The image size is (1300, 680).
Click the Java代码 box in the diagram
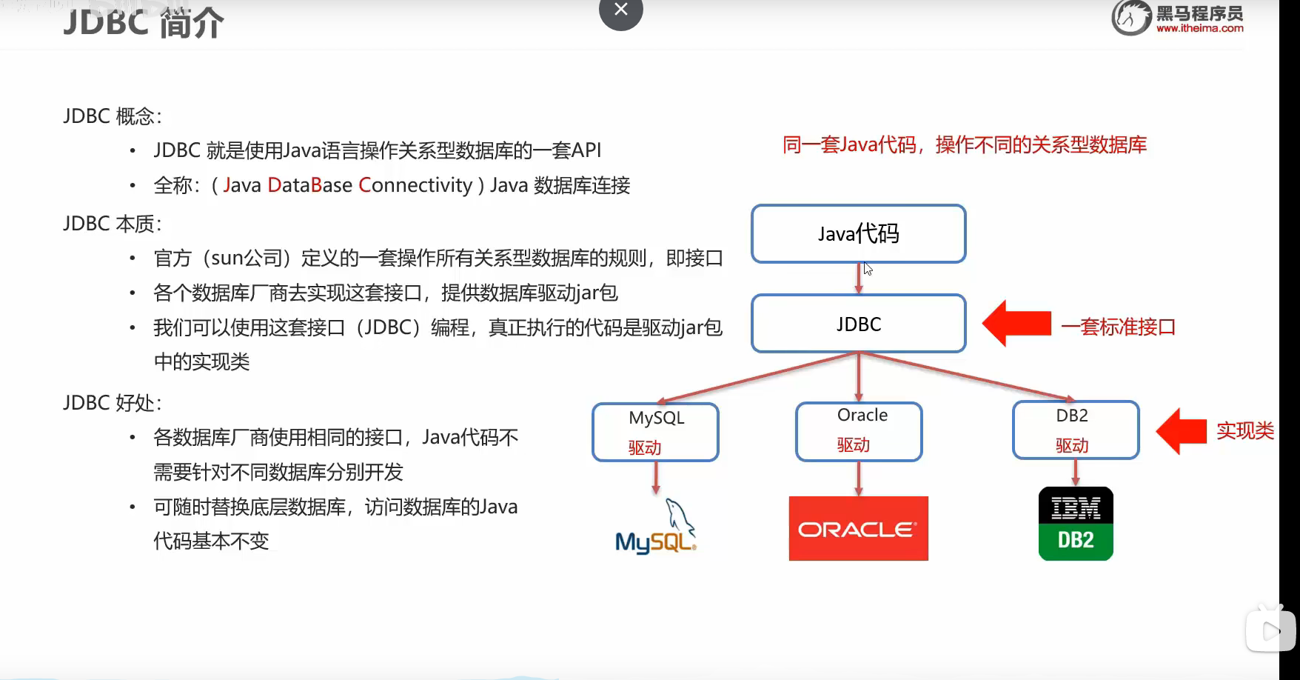[x=859, y=233]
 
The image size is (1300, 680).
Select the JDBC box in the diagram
[x=859, y=324]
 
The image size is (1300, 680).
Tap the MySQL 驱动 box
[x=655, y=432]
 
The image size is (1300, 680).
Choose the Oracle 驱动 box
[x=859, y=431]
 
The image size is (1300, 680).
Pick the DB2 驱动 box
[x=1076, y=430]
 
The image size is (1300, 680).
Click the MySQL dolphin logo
[x=656, y=527]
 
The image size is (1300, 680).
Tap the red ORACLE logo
[x=859, y=528]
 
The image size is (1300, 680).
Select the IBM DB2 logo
[x=1076, y=524]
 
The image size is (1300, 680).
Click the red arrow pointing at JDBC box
[x=1016, y=324]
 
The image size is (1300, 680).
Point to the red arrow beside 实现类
[x=1182, y=431]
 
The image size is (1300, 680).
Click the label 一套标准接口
[x=1119, y=327]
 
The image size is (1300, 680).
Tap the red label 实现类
[x=1245, y=430]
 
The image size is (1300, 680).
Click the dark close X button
[x=621, y=10]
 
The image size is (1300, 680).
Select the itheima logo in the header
[x=1178, y=18]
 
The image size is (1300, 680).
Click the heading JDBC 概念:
[x=113, y=116]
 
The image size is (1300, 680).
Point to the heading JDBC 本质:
[x=113, y=224]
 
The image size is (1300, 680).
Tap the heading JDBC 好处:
[x=113, y=403]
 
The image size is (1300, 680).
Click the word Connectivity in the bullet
[x=415, y=185]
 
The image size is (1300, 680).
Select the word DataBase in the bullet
[x=309, y=185]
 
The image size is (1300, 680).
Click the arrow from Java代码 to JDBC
[x=859, y=279]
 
